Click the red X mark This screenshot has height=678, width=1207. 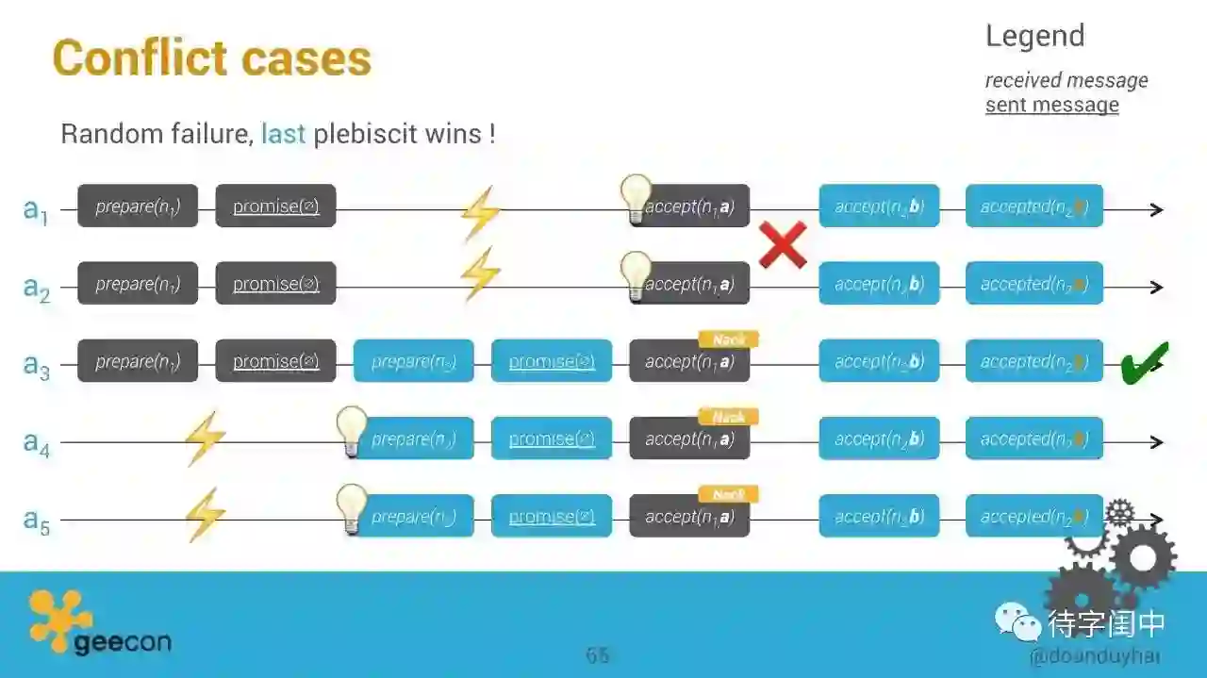point(783,245)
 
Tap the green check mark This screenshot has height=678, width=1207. point(1144,363)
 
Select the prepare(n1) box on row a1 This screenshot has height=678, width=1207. point(138,206)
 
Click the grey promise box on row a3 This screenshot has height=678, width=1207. point(275,361)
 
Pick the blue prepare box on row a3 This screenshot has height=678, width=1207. point(414,361)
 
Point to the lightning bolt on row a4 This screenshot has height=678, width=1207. point(205,438)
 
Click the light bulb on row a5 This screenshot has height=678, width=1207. point(352,509)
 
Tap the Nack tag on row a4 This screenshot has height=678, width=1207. point(728,417)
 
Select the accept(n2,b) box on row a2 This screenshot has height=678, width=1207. point(879,284)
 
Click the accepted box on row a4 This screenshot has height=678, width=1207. point(1033,438)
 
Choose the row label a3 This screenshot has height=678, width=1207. point(36,365)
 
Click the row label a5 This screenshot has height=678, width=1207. point(36,520)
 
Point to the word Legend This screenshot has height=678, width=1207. point(1034,36)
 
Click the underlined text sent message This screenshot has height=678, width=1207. point(1051,105)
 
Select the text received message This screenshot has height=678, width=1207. point(1066,80)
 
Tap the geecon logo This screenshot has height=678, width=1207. point(99,623)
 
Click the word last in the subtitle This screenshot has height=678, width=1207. point(283,134)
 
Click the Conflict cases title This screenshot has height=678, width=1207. point(212,58)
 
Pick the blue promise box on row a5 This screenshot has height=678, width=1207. point(552,517)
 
